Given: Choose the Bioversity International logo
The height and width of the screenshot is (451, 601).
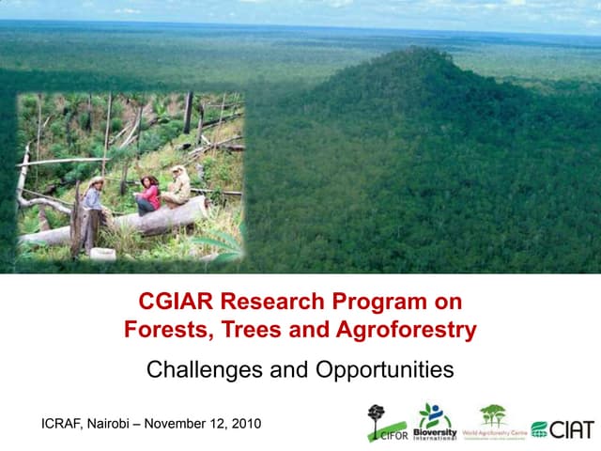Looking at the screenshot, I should click(x=436, y=422).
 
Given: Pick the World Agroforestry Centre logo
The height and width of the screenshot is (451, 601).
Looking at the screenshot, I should click(x=493, y=422).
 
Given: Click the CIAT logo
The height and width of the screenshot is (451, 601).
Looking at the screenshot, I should click(x=562, y=428).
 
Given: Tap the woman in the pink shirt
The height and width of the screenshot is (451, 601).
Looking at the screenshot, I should click(x=147, y=194).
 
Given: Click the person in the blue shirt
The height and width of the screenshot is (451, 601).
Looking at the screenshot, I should click(x=94, y=199).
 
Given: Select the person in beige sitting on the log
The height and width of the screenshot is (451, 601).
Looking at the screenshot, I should click(x=176, y=187).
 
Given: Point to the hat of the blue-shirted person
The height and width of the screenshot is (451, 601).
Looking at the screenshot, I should click(x=96, y=179).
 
